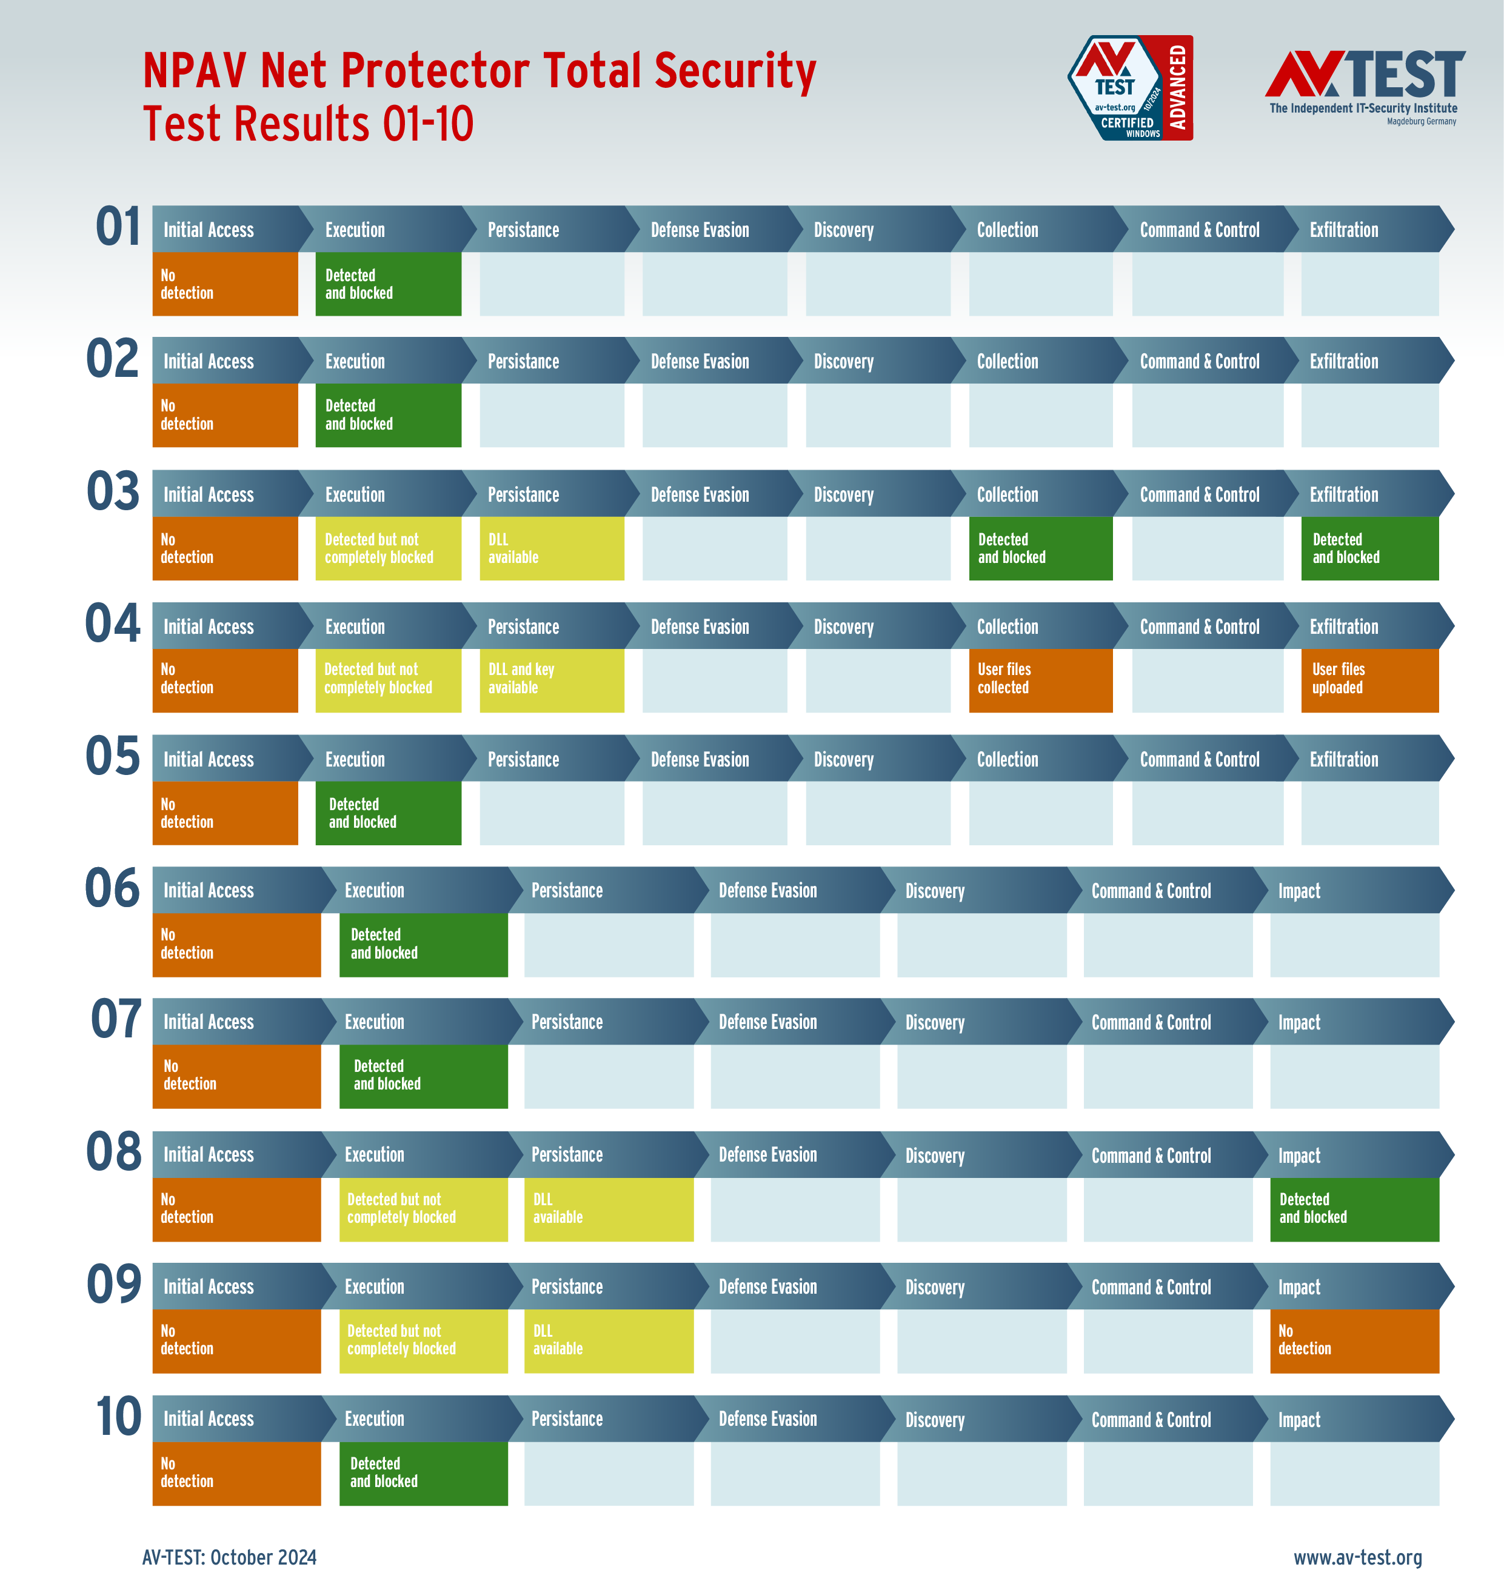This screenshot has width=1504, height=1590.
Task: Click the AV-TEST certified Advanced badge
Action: point(1131,88)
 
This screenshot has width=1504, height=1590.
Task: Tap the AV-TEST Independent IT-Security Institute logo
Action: point(1365,87)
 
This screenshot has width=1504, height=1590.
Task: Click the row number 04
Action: point(113,624)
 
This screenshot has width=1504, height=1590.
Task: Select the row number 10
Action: point(118,1416)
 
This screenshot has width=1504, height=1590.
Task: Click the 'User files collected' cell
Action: point(1040,680)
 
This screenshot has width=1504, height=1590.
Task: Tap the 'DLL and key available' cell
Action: point(552,680)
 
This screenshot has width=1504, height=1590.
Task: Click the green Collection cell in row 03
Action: point(1040,548)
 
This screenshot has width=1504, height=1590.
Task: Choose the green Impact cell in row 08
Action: point(1354,1208)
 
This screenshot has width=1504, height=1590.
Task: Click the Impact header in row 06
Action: point(1347,890)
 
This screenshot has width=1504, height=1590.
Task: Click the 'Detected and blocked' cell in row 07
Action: point(423,1076)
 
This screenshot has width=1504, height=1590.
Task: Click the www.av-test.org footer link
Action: point(1357,1557)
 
